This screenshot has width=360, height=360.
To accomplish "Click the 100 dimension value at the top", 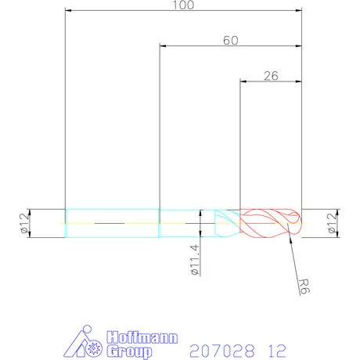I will [182, 5].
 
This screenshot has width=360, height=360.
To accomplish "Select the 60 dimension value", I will [230, 40].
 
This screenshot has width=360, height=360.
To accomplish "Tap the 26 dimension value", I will [270, 76].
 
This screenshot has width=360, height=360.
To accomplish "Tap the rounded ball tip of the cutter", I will [296, 223].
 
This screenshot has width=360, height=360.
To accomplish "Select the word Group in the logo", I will [125, 351].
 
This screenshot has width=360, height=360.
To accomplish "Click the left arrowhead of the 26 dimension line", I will [242, 81].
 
